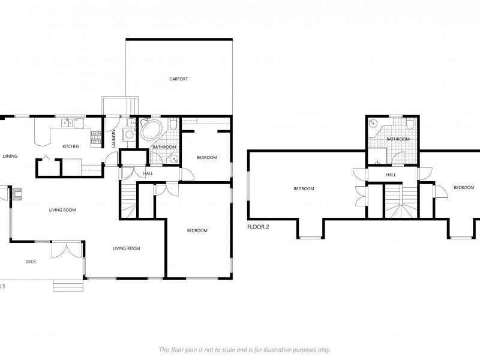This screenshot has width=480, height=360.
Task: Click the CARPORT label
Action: (178, 79)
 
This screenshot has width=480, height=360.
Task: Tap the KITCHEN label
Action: (71, 146)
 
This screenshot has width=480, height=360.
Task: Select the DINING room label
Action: (10, 156)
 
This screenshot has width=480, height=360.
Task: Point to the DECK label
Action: (31, 262)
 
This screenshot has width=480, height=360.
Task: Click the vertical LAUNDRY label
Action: (114, 138)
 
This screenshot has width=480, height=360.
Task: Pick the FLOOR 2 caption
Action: (258, 227)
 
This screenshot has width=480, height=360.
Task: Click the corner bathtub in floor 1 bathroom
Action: (151, 130)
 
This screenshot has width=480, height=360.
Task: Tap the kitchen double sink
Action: (67, 123)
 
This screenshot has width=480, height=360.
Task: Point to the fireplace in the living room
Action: (17, 193)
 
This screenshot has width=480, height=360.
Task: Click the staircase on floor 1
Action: (129, 199)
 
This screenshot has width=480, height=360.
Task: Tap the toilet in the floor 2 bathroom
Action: (410, 123)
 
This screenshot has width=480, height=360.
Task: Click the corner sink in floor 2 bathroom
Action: (373, 123)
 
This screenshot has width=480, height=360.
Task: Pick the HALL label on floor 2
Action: (391, 175)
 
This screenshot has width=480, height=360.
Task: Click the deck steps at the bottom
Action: (68, 286)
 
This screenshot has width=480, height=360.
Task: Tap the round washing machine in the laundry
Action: (129, 134)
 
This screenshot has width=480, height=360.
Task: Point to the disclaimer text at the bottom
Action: (245, 350)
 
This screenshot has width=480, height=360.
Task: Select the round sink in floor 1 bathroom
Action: (174, 159)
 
